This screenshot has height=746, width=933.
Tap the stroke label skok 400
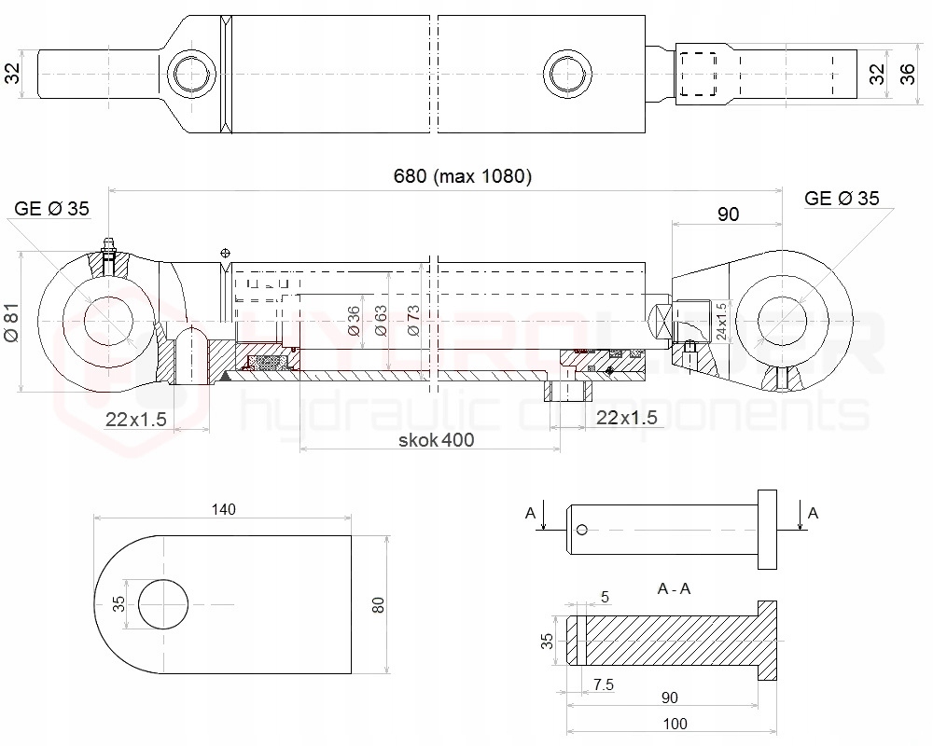pyautogui.click(x=434, y=439)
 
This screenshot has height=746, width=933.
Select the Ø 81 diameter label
pyautogui.click(x=11, y=323)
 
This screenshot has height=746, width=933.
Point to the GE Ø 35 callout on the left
pyautogui.click(x=52, y=208)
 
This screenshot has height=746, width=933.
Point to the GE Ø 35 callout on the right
pyautogui.click(x=842, y=198)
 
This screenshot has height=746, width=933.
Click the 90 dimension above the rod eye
pyautogui.click(x=728, y=214)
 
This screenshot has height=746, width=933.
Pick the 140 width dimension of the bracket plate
pyautogui.click(x=224, y=509)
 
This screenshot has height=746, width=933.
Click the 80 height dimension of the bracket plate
pyautogui.click(x=378, y=604)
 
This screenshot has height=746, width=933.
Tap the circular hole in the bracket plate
pyautogui.click(x=164, y=605)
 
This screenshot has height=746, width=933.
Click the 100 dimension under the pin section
pyautogui.click(x=674, y=724)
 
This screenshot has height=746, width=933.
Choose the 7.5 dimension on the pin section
pyautogui.click(x=604, y=684)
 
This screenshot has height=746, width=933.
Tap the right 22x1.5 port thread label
pyautogui.click(x=624, y=418)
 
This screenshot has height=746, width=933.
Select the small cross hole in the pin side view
pyautogui.click(x=582, y=530)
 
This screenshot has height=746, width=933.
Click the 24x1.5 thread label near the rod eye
pyautogui.click(x=719, y=320)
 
